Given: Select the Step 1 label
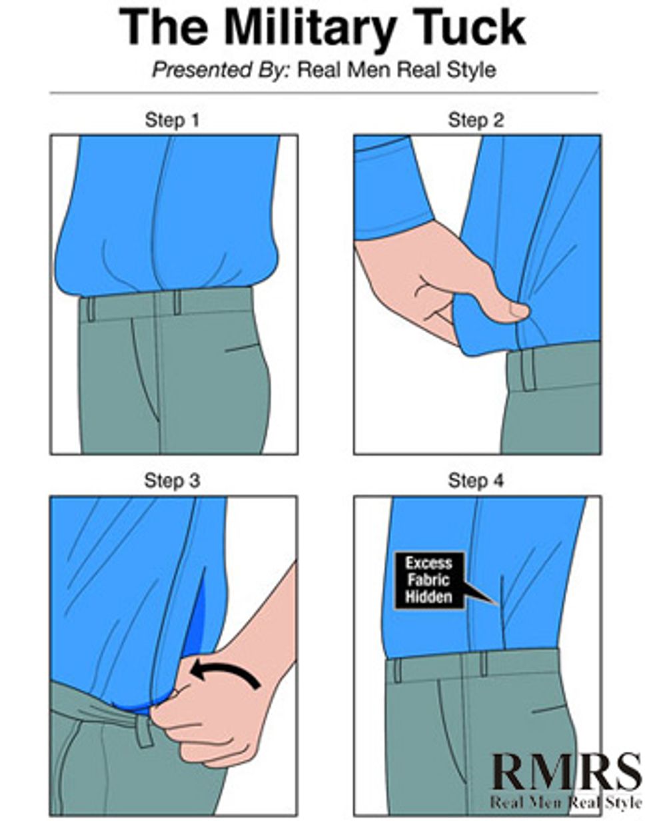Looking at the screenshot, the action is coord(172,120).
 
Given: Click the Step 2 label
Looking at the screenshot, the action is coord(476,120).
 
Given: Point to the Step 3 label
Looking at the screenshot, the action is coord(172,480).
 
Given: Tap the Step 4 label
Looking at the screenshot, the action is coord(476,480).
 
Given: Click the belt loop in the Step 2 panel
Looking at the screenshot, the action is coord(528,370).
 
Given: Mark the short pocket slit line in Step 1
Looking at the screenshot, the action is coord(241,348).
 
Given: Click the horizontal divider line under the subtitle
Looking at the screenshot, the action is coord(323,93).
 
